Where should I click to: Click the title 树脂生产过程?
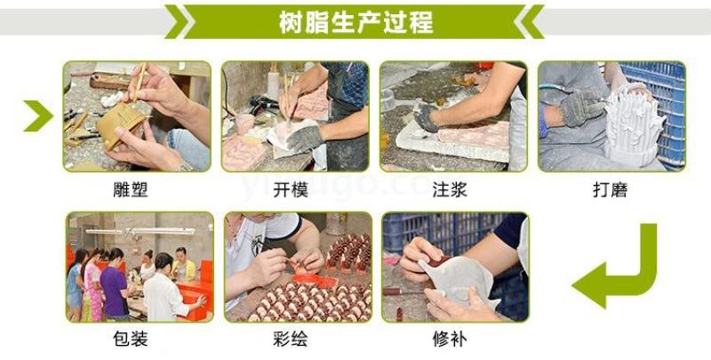(356, 22)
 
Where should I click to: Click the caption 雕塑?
(131, 189)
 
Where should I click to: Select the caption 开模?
(291, 189)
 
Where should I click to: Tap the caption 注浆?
(450, 189)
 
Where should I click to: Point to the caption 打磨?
(610, 189)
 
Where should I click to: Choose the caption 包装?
(131, 339)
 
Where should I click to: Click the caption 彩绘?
(291, 339)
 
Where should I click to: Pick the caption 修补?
(450, 339)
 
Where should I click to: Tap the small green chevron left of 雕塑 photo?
(39, 116)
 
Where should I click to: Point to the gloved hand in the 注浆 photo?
(427, 118)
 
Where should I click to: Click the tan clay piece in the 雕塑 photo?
(120, 123)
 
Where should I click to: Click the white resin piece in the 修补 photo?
(458, 278)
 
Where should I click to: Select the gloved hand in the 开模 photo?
(306, 138)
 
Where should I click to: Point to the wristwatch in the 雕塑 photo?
(185, 167)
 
